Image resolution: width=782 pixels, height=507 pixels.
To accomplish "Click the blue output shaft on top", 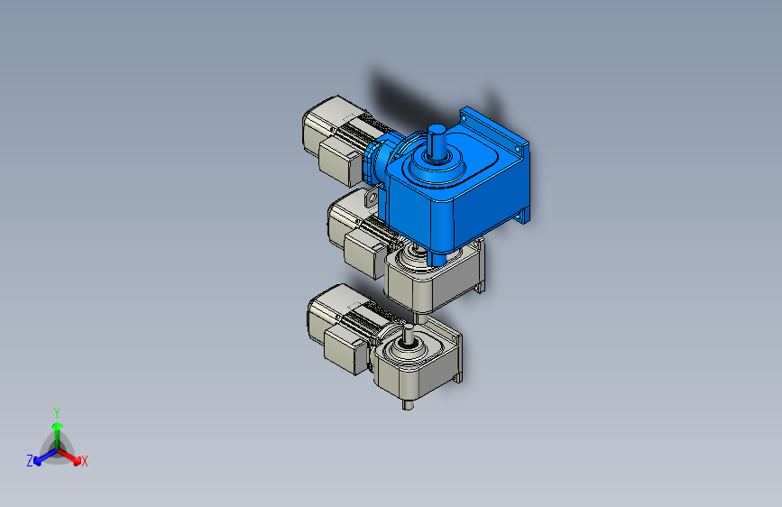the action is click(x=437, y=142).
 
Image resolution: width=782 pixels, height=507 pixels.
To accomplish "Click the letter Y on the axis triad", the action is click(x=57, y=413).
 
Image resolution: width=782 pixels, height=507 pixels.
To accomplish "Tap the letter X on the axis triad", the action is click(x=84, y=462).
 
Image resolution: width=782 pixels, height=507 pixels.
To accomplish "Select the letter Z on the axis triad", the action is click(x=30, y=461).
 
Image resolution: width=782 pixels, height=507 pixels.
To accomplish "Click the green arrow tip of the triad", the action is click(x=58, y=426).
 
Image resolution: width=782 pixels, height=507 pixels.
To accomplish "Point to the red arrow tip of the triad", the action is click(x=77, y=460).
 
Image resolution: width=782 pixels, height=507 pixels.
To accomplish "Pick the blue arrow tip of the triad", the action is click(x=37, y=461).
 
